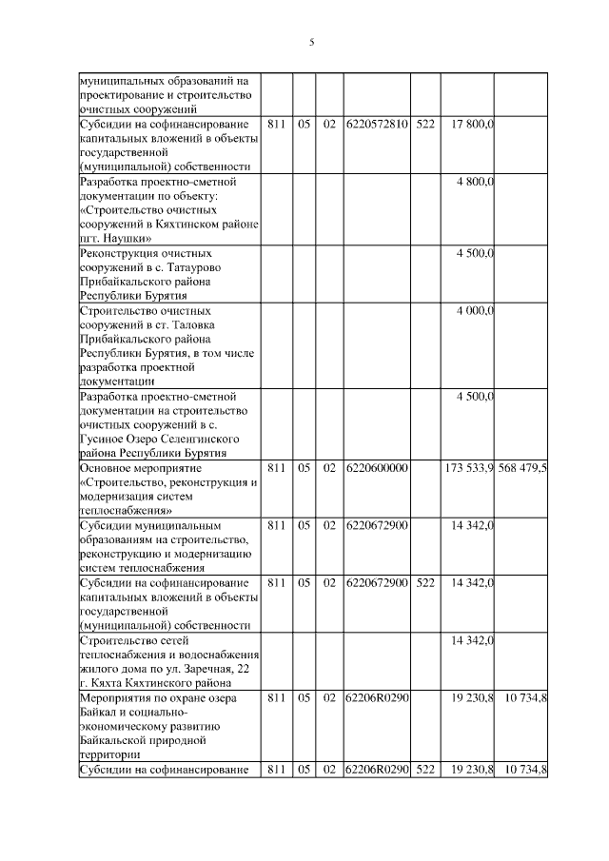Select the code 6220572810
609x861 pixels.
pos(378,125)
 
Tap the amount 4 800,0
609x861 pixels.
pos(475,181)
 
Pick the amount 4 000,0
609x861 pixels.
pos(475,310)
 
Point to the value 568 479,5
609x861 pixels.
pos(522,467)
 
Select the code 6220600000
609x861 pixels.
pos(378,467)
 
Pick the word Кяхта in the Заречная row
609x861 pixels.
pos(106,681)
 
